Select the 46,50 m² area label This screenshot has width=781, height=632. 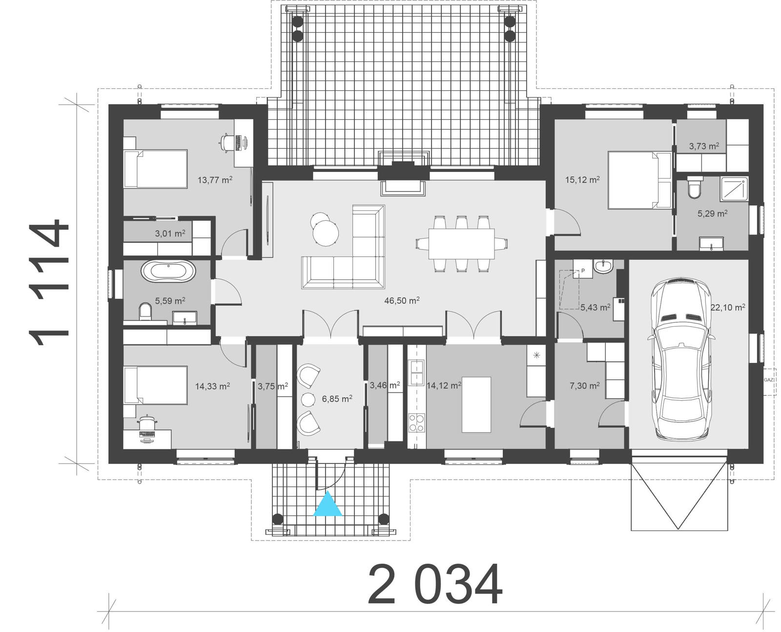pyautogui.click(x=402, y=300)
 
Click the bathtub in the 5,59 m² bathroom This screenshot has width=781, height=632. pyautogui.click(x=168, y=272)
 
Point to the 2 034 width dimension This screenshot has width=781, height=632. pyautogui.click(x=434, y=585)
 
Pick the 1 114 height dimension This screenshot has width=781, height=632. pyautogui.click(x=49, y=283)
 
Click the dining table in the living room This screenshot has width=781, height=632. pyautogui.click(x=461, y=243)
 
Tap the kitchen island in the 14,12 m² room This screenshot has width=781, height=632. pyautogui.click(x=476, y=404)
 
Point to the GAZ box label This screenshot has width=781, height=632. pyautogui.click(x=769, y=379)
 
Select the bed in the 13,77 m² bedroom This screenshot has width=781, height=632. pyautogui.click(x=155, y=169)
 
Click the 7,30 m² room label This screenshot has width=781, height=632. pyautogui.click(x=584, y=386)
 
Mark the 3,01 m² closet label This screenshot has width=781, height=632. pyautogui.click(x=170, y=233)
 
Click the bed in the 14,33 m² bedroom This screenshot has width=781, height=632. pyautogui.click(x=155, y=386)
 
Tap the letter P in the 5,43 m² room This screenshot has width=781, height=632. pyautogui.click(x=582, y=270)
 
